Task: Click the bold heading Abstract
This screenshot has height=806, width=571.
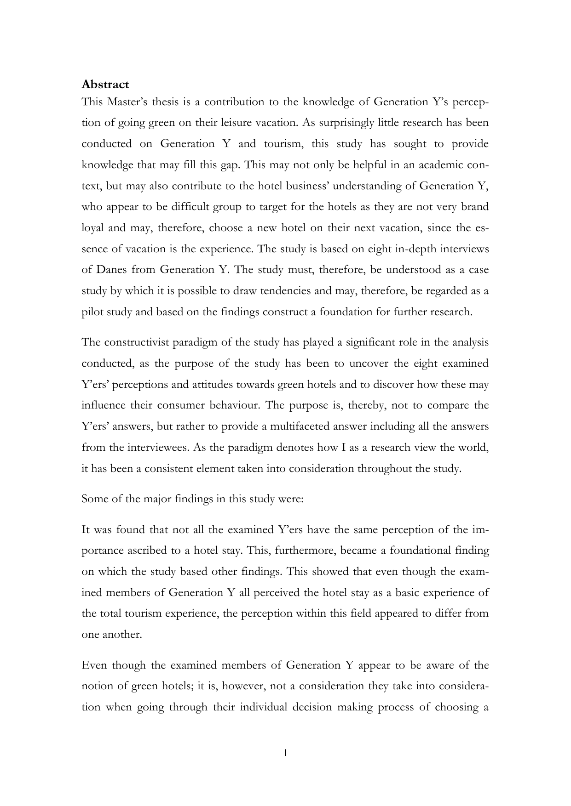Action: [x=105, y=85]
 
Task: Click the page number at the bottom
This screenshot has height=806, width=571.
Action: [x=285, y=753]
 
